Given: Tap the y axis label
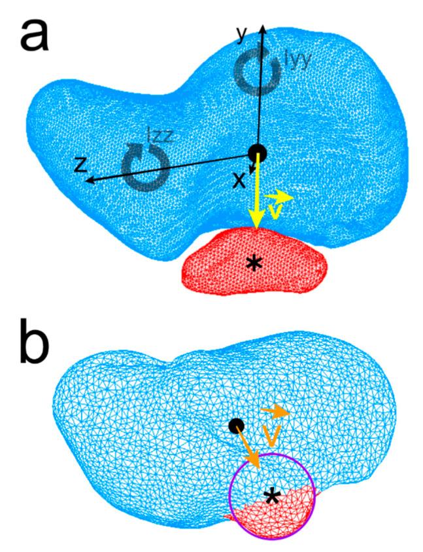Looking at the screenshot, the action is click(x=243, y=36).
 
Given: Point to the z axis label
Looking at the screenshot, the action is click(x=80, y=164).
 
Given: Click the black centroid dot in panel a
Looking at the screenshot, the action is click(x=258, y=153).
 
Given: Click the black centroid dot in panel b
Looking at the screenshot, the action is click(x=237, y=426).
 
